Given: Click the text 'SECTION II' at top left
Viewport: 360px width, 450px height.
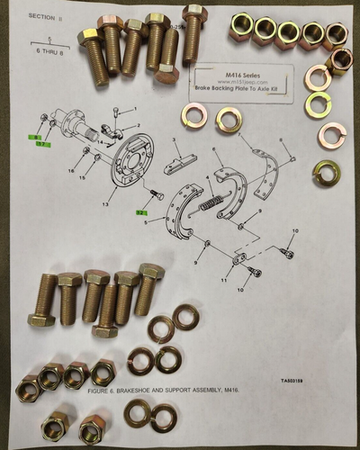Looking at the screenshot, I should [x=48, y=16].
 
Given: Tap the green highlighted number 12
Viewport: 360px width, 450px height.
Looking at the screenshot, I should [x=140, y=212].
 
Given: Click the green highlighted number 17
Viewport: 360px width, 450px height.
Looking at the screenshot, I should [x=42, y=141].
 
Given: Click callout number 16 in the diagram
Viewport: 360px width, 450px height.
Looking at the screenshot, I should [x=72, y=169].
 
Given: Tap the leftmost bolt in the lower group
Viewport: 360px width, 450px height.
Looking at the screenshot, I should [x=43, y=301].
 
